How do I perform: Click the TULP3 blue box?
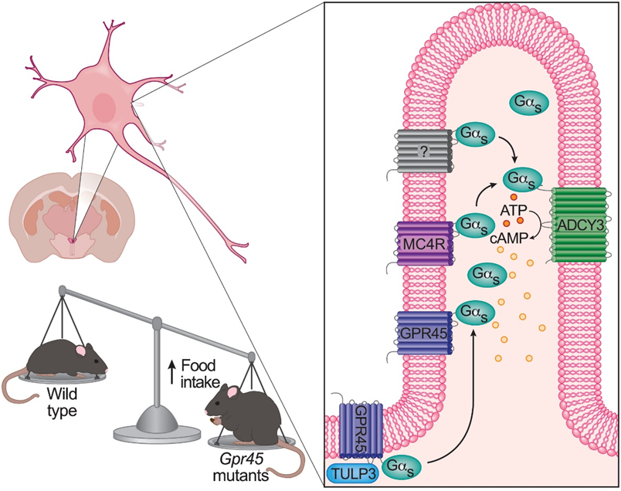click(352, 474)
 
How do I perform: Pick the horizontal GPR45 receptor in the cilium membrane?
click(424, 333)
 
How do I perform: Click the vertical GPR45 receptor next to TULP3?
click(361, 431)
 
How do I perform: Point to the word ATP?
click(514, 209)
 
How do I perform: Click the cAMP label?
click(509, 238)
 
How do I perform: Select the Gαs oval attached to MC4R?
click(475, 225)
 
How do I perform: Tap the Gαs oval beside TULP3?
click(402, 466)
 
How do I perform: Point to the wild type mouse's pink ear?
click(81, 350)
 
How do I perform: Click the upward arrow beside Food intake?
click(171, 371)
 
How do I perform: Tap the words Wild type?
click(61, 402)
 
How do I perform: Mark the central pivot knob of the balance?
click(158, 323)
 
